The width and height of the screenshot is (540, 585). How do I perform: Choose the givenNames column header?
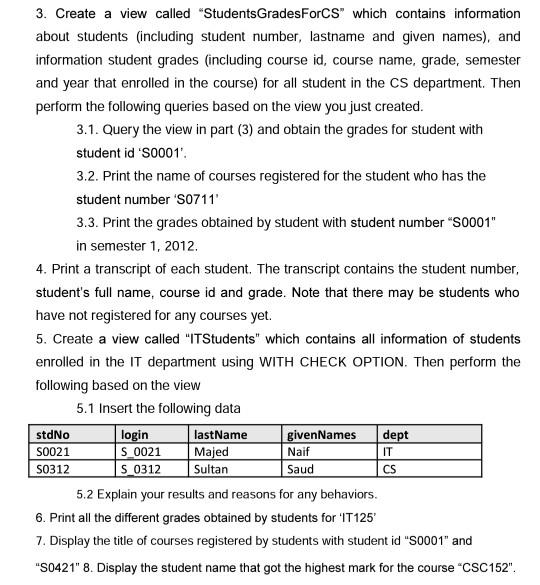click(x=321, y=435)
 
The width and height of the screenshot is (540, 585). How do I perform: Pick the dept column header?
click(x=396, y=435)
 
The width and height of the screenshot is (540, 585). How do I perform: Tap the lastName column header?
click(x=220, y=435)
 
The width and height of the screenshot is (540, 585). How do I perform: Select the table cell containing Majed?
click(x=211, y=452)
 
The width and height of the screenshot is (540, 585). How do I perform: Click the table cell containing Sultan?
click(x=211, y=469)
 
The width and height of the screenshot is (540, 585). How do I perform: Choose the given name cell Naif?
click(x=300, y=452)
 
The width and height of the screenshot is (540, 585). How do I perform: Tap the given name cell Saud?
click(x=301, y=469)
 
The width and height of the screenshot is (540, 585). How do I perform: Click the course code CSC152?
click(x=484, y=568)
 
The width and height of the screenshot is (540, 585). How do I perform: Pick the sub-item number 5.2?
click(x=87, y=493)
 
